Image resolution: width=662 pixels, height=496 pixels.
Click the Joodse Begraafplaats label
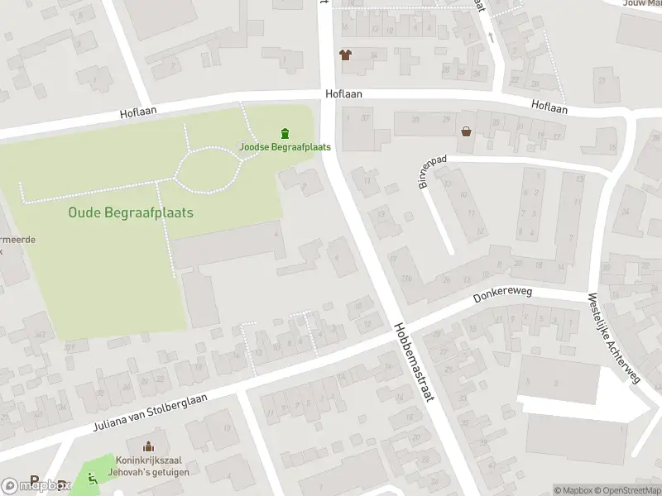click(285, 147)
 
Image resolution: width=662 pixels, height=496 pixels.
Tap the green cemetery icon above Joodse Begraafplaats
click(285, 133)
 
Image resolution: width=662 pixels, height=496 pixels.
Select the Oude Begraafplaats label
click(131, 212)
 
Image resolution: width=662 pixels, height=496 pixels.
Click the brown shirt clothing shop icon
click(345, 55)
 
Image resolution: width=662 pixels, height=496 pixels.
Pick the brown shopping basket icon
click(467, 131)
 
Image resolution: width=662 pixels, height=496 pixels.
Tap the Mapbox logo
click(35, 485)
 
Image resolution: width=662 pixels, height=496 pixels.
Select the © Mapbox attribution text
click(573, 490)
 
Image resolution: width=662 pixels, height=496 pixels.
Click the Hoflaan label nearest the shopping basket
click(549, 107)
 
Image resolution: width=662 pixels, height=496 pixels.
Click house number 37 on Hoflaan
click(364, 119)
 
